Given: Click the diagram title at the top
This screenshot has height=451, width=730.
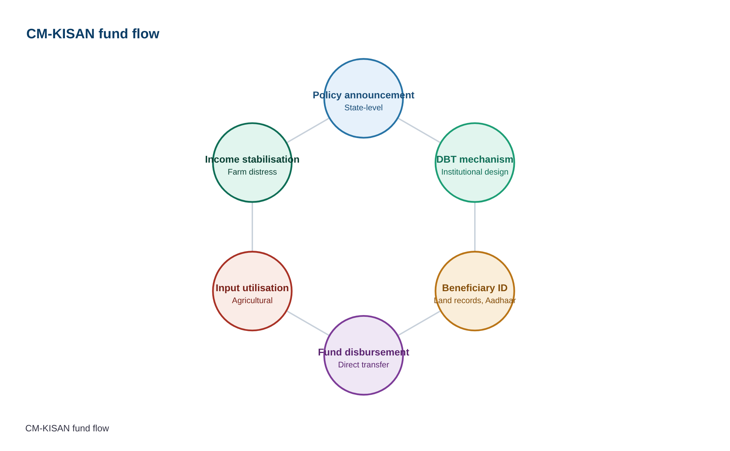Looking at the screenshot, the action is pos(93,34).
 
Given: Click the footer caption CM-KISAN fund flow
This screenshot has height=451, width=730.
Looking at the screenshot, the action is pos(67,428).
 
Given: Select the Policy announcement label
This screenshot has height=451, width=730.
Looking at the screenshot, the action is pos(364,95).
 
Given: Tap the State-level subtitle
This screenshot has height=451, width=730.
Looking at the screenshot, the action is pos(364,107).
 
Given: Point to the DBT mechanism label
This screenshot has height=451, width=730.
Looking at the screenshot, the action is pos(475,159).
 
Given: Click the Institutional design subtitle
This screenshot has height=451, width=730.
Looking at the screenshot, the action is pos(475,172).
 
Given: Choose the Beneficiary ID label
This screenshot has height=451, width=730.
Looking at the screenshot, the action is pos(475,288).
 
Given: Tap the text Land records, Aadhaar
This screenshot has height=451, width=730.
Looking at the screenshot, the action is pos(475,300).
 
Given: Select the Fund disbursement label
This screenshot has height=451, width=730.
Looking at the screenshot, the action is pos(364,352).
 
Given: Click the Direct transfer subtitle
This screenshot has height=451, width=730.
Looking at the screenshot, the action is pos(364,365).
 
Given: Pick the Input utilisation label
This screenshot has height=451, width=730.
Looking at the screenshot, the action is pos(252,288).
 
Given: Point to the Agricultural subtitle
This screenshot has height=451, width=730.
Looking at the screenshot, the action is pos(252,300).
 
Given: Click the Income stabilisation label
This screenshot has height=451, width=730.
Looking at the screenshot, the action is pos(252,159).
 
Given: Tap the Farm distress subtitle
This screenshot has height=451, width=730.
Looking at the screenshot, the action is pos(252,172).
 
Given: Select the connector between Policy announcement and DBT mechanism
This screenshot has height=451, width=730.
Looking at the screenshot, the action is pos(419,130).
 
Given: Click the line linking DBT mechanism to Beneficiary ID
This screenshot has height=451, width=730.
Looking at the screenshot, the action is pos(475,227).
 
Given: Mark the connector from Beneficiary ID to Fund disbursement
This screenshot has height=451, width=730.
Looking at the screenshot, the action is pos(419,323).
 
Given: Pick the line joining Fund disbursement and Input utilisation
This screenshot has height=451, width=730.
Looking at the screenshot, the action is pos(308,323).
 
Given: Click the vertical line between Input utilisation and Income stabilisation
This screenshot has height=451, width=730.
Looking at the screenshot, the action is pos(252,227).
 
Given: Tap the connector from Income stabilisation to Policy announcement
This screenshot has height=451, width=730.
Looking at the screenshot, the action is pos(308,130).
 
